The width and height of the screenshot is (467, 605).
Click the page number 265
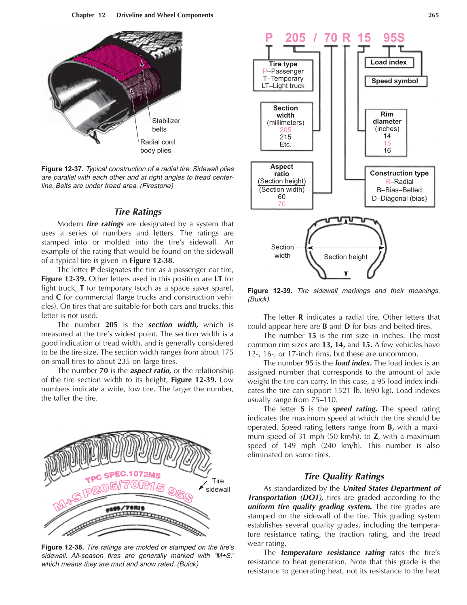click(433, 15)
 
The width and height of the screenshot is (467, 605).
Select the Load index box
click(389, 62)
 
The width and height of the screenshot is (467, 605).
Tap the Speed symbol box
click(396, 81)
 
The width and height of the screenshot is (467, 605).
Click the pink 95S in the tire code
click(393, 38)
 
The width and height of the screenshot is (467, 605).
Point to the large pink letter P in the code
click(269, 38)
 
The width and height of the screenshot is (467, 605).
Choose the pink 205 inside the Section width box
click(285, 130)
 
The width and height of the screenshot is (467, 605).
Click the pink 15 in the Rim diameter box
click(387, 143)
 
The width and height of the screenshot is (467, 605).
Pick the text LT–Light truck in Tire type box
click(283, 86)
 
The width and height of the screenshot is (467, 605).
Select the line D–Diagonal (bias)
click(399, 198)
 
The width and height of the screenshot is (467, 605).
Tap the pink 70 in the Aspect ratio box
click(281, 204)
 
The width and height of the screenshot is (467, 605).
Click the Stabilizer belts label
click(166, 125)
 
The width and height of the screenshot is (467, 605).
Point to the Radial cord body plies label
click(157, 146)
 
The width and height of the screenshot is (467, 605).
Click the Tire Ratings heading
click(138, 212)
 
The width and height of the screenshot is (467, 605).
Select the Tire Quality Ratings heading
click(344, 476)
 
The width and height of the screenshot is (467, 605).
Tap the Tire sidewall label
click(218, 485)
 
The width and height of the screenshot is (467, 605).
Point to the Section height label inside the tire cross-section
click(345, 257)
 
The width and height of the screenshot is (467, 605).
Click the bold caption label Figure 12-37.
click(62, 169)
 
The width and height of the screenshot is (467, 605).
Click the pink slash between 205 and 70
click(315, 38)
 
